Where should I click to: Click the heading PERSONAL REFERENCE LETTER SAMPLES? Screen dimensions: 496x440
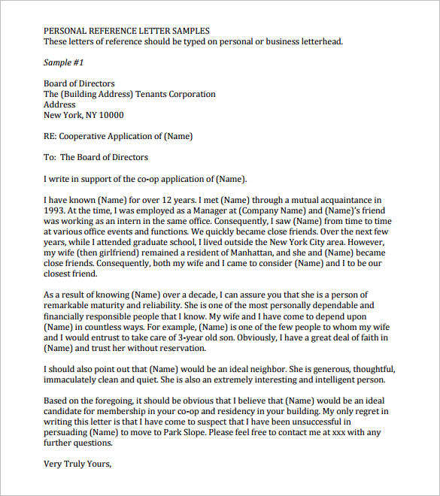tap(126, 31)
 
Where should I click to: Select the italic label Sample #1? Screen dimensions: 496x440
tap(64, 62)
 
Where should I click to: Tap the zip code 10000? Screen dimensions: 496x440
tap(110, 115)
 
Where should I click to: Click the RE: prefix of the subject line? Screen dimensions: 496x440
tap(50, 136)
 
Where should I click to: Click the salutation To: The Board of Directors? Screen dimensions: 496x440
tap(96, 157)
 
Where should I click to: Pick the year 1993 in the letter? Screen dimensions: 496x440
tap(54, 212)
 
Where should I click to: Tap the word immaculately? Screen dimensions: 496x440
tap(72, 380)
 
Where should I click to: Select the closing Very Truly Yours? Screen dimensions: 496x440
tap(77, 464)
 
